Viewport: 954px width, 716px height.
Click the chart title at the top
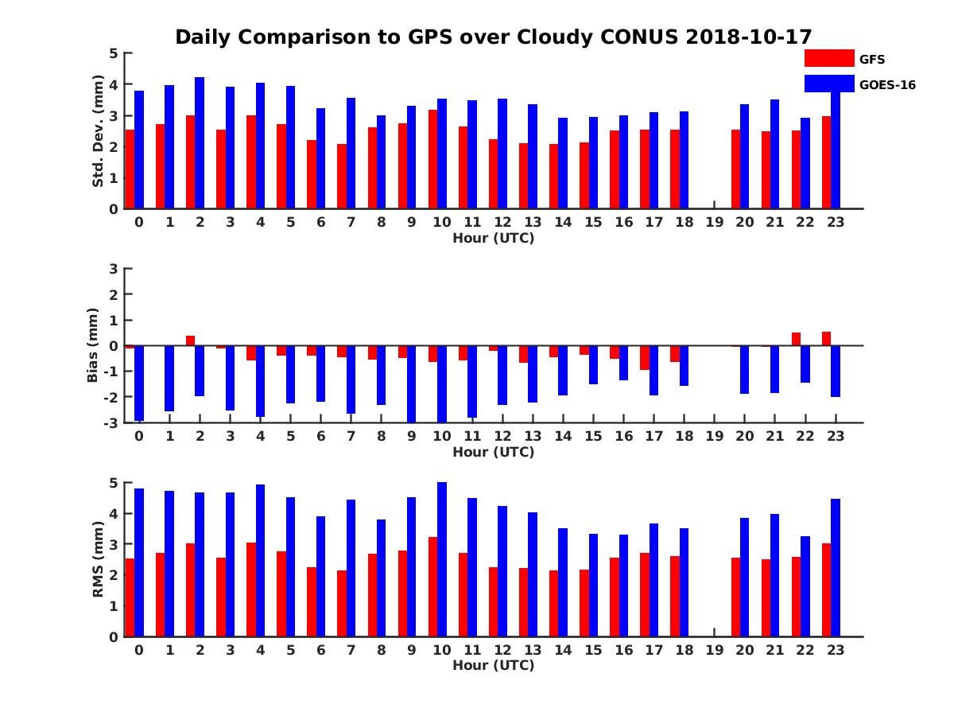point(493,37)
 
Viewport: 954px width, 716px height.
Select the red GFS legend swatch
point(828,58)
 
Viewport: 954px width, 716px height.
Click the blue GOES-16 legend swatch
point(828,84)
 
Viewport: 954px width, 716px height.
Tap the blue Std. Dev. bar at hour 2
point(200,143)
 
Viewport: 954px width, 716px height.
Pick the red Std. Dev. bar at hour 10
point(432,159)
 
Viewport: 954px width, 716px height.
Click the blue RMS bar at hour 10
point(442,559)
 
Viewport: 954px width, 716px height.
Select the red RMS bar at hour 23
point(826,590)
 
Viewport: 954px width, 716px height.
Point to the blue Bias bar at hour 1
point(169,378)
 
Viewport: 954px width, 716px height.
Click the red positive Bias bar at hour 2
point(191,340)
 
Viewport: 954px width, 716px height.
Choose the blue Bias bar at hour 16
point(624,363)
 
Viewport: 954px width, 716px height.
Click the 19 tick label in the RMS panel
point(714,649)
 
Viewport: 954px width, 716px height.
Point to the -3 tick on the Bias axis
point(111,422)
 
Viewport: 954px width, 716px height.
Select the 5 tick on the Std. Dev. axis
point(114,53)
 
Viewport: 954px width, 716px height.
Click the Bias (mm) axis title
point(93,345)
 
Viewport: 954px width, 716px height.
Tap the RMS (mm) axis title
point(98,559)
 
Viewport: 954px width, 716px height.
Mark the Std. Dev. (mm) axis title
point(98,131)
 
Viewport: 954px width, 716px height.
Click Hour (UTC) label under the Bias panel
point(493,452)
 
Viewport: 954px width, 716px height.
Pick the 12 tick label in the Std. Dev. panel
point(502,222)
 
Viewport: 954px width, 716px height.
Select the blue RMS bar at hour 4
point(260,560)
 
